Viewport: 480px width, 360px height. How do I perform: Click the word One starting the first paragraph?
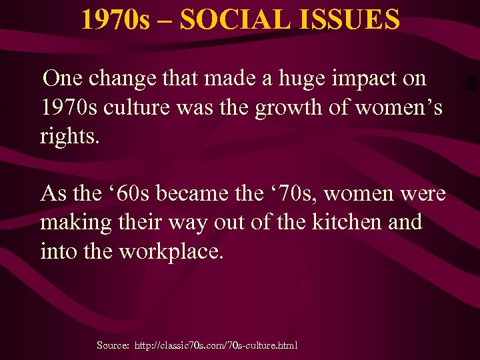63,79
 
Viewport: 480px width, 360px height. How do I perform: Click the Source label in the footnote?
113,345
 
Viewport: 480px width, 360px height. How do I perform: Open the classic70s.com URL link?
216,345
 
